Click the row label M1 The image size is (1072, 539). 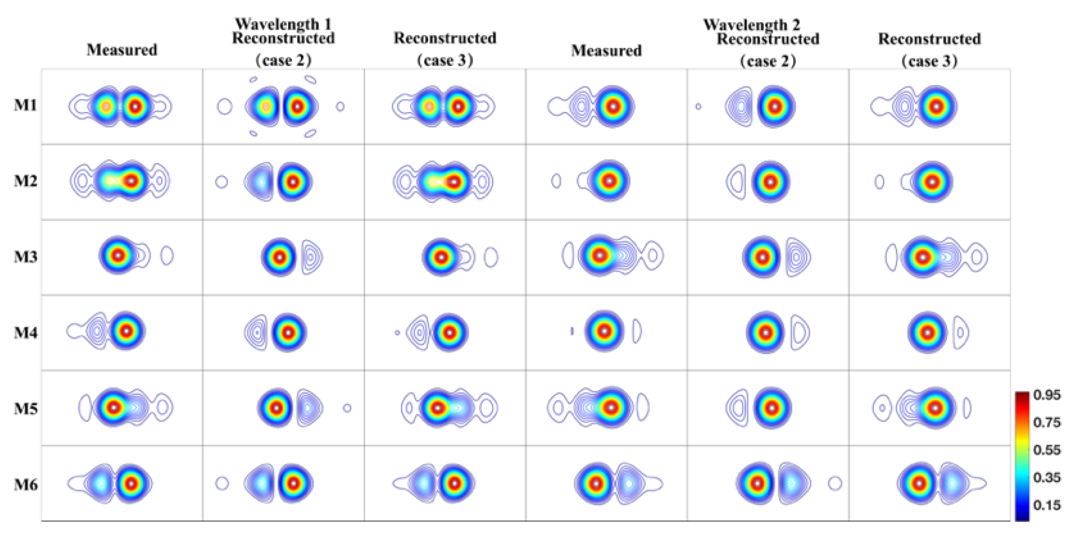(x=25, y=105)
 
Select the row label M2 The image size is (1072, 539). (x=25, y=181)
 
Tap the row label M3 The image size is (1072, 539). (x=25, y=257)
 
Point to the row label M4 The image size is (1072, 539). (x=25, y=332)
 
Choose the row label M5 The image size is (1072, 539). (x=25, y=408)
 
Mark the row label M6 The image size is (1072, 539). (x=25, y=484)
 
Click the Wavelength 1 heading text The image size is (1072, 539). (x=283, y=24)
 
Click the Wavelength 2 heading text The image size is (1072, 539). (x=751, y=24)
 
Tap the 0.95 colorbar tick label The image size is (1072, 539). (x=1047, y=395)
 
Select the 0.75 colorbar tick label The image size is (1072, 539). (x=1047, y=422)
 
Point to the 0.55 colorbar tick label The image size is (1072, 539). (x=1047, y=450)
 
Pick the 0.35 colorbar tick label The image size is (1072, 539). (x=1047, y=477)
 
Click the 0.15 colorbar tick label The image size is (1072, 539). (x=1047, y=505)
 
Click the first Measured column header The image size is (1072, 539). (x=122, y=50)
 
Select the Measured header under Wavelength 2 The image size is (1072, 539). (x=606, y=51)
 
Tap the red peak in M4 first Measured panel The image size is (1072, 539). (x=126, y=330)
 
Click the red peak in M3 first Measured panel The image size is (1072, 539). (x=118, y=255)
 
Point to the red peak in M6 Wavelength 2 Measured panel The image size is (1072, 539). (x=596, y=484)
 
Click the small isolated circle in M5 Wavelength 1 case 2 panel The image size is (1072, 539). (x=347, y=408)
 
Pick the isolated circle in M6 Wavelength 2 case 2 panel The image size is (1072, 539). (x=835, y=483)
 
